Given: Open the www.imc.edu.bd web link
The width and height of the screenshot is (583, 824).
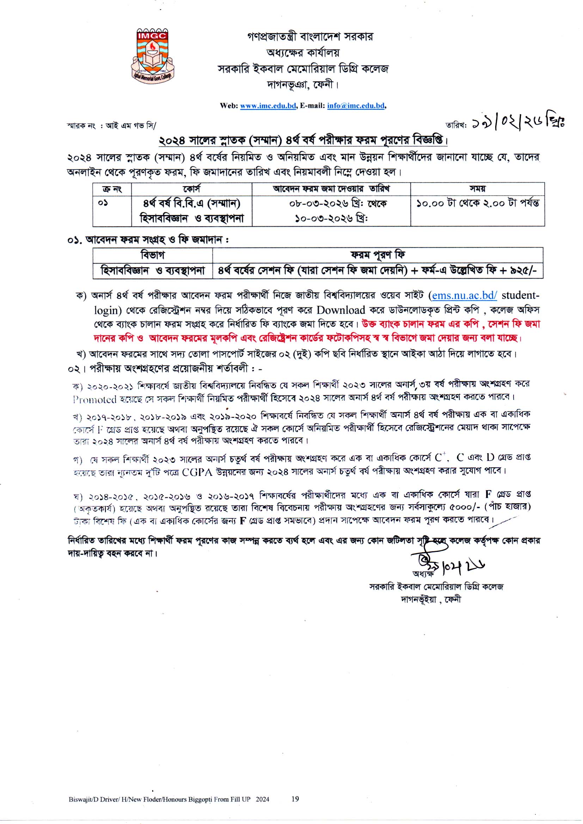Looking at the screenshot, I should tap(268, 106).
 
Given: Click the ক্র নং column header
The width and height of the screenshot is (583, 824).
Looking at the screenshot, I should tap(112, 189).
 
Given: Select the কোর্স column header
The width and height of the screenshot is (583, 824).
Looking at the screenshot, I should tap(191, 189).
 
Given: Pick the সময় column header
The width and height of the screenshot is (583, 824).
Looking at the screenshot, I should tap(477, 189).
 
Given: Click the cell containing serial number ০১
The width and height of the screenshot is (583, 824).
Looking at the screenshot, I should tap(103, 203).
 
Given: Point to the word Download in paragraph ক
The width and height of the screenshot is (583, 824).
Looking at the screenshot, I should tap(341, 310).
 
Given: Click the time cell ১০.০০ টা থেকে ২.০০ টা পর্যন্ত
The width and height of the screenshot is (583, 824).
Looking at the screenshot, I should tap(478, 203).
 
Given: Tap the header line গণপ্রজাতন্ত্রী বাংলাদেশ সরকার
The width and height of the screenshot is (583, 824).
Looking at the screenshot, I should tap(310, 37).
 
